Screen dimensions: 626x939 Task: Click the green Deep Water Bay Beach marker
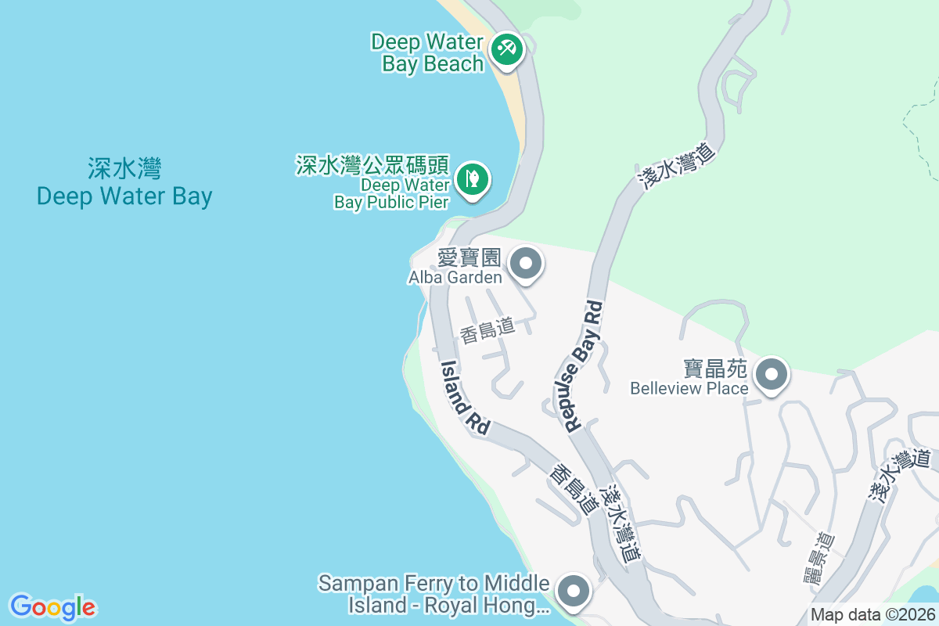point(507,49)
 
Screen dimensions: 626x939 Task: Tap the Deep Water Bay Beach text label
point(427,52)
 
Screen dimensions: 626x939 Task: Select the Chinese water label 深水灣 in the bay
point(124,168)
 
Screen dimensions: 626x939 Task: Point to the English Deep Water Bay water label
point(124,196)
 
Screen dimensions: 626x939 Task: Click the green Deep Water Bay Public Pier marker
point(473,178)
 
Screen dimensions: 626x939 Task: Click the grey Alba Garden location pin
point(526,263)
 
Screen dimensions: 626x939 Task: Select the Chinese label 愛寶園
point(469,259)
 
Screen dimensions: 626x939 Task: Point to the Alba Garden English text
point(455,278)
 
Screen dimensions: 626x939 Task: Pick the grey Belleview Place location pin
point(772,375)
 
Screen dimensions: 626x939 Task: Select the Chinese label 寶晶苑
point(717,368)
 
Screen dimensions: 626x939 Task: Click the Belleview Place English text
point(689,388)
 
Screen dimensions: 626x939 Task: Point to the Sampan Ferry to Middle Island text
point(435,594)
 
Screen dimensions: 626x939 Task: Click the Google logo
point(52,607)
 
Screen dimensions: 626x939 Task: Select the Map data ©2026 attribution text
point(872,614)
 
